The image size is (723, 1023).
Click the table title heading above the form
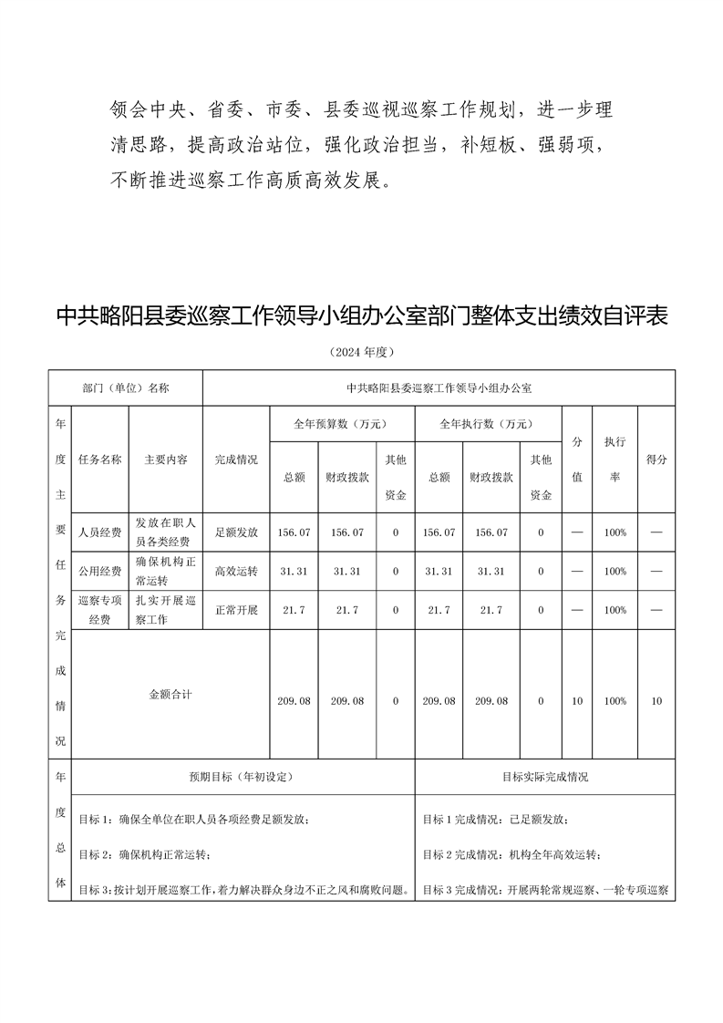[362, 316]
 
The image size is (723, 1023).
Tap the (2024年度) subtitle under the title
[362, 352]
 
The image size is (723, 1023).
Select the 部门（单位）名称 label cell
[125, 387]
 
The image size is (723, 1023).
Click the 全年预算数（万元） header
[341, 424]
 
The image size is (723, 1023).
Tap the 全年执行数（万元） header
[487, 424]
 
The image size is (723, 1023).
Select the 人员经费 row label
[100, 532]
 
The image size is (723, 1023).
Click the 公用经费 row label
[100, 571]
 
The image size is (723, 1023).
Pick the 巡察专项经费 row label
[100, 610]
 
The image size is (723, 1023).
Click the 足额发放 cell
[236, 532]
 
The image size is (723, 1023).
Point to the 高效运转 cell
[236, 571]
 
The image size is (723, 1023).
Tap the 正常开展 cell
[236, 610]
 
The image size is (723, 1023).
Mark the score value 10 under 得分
[656, 701]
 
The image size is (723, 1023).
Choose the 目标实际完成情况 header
[544, 777]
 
